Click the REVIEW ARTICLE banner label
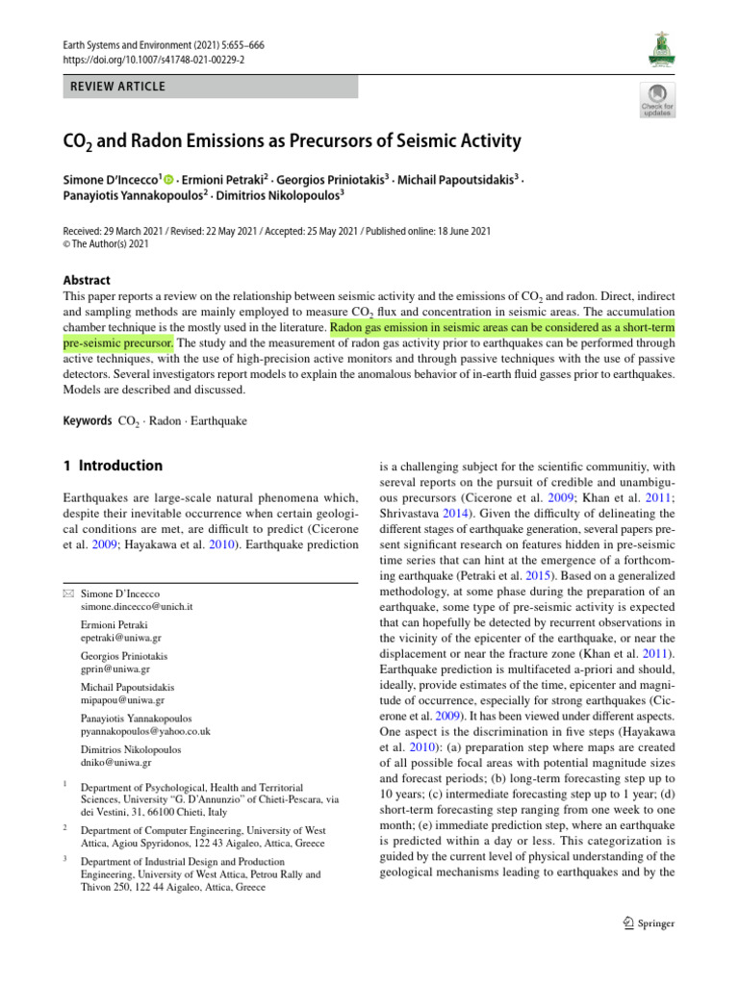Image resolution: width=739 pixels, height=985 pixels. click(x=114, y=87)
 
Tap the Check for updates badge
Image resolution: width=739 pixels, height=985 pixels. click(x=658, y=100)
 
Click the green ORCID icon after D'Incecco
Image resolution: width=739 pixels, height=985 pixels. click(x=170, y=180)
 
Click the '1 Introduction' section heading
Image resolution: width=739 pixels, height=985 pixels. click(x=112, y=466)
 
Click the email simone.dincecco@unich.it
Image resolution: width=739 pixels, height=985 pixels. click(x=137, y=608)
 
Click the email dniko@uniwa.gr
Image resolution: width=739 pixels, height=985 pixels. click(x=115, y=763)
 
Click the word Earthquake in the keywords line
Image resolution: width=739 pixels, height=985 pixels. click(x=220, y=421)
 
